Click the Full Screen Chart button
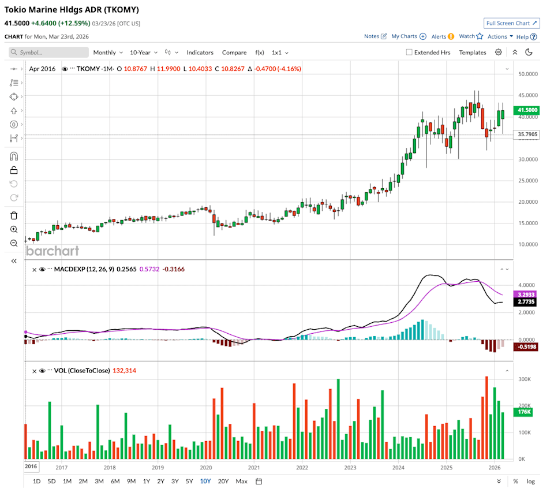point(512,23)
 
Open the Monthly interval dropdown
point(107,52)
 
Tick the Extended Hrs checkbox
point(409,52)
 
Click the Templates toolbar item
point(472,52)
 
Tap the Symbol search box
point(49,52)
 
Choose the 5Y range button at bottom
point(189,481)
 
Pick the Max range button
point(241,481)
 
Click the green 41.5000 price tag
point(528,110)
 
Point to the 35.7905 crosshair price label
point(528,135)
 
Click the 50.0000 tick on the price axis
point(528,74)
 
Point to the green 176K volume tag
point(524,412)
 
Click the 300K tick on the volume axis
point(524,379)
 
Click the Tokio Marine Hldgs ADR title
point(72,10)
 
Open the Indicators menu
point(200,52)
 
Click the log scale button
point(530,481)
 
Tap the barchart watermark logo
point(53,251)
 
